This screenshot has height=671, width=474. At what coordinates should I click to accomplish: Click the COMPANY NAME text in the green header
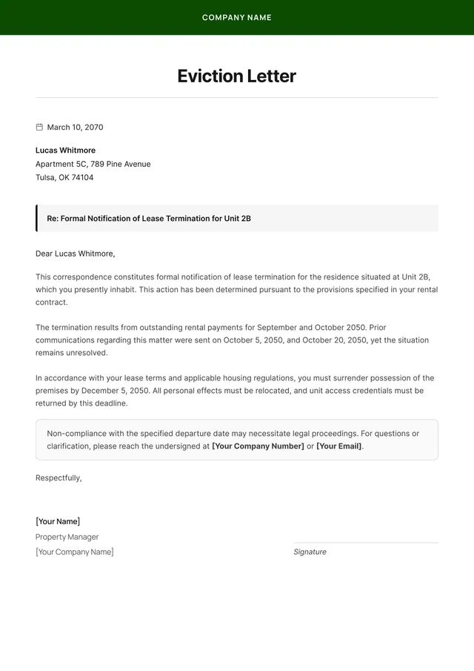237,17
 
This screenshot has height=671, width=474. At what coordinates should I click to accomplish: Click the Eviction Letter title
237,76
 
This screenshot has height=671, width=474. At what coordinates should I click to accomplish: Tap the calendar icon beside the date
39,128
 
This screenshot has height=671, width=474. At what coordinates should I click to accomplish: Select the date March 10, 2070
75,128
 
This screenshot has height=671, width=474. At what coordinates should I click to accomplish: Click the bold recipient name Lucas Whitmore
65,151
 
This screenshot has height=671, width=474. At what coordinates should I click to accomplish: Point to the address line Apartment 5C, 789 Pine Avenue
93,164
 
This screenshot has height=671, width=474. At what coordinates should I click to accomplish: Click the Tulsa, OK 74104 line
64,178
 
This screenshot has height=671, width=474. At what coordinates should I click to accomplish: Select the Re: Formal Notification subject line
149,219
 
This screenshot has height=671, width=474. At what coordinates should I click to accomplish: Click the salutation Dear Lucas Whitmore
75,254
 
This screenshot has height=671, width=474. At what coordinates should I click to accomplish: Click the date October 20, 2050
336,340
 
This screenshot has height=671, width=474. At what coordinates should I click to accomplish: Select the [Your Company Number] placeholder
258,446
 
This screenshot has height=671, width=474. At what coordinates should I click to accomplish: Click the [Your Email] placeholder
339,446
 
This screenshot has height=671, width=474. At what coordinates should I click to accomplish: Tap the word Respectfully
59,478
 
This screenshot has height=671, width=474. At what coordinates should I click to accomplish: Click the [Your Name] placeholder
58,521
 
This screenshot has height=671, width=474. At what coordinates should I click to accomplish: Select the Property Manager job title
67,537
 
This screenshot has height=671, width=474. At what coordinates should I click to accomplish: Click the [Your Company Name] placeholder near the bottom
75,552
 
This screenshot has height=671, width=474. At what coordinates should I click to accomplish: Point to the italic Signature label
310,552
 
